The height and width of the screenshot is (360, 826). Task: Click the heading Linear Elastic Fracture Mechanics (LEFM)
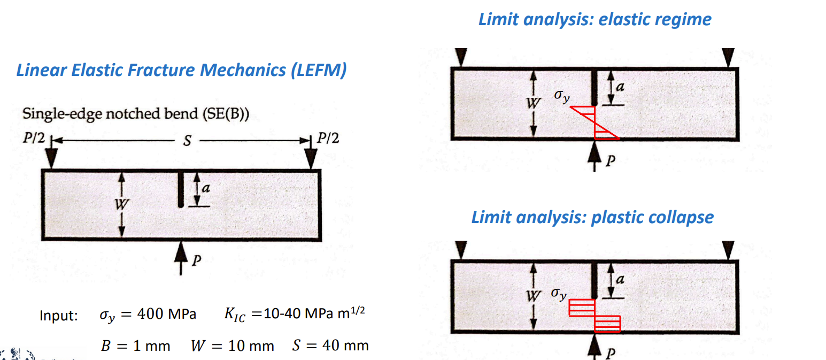click(x=181, y=70)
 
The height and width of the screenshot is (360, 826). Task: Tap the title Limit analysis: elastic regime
click(x=595, y=20)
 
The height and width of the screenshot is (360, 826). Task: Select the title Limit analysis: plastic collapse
click(x=592, y=217)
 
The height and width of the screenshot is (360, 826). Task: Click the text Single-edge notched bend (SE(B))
click(x=136, y=114)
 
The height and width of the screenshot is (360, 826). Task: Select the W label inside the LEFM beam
click(x=122, y=204)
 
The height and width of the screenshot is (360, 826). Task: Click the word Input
click(x=58, y=316)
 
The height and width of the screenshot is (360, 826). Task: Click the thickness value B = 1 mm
click(x=135, y=346)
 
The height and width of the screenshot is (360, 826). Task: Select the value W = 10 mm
click(x=232, y=346)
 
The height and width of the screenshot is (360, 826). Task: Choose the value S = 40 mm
click(x=330, y=346)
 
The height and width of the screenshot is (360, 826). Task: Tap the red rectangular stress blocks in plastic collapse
click(x=595, y=315)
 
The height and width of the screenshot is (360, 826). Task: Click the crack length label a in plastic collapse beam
click(x=620, y=279)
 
